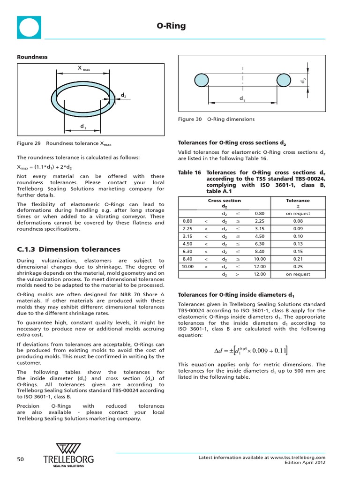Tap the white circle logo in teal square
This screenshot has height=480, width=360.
coord(29,27)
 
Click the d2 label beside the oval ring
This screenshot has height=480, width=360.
coord(123,95)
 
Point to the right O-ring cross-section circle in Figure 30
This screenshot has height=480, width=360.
coord(284,80)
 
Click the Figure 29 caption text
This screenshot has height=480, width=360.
coord(64,143)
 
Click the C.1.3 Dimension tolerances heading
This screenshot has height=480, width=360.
coord(68,249)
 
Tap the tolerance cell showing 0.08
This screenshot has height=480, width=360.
coord(298,221)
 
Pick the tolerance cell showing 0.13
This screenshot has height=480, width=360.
coord(298,244)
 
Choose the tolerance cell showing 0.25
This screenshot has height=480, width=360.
coord(298,267)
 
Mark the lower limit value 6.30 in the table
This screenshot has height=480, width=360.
coord(187,251)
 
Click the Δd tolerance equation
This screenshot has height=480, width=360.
coord(251,351)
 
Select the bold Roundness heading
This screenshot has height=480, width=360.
coord(32,57)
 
